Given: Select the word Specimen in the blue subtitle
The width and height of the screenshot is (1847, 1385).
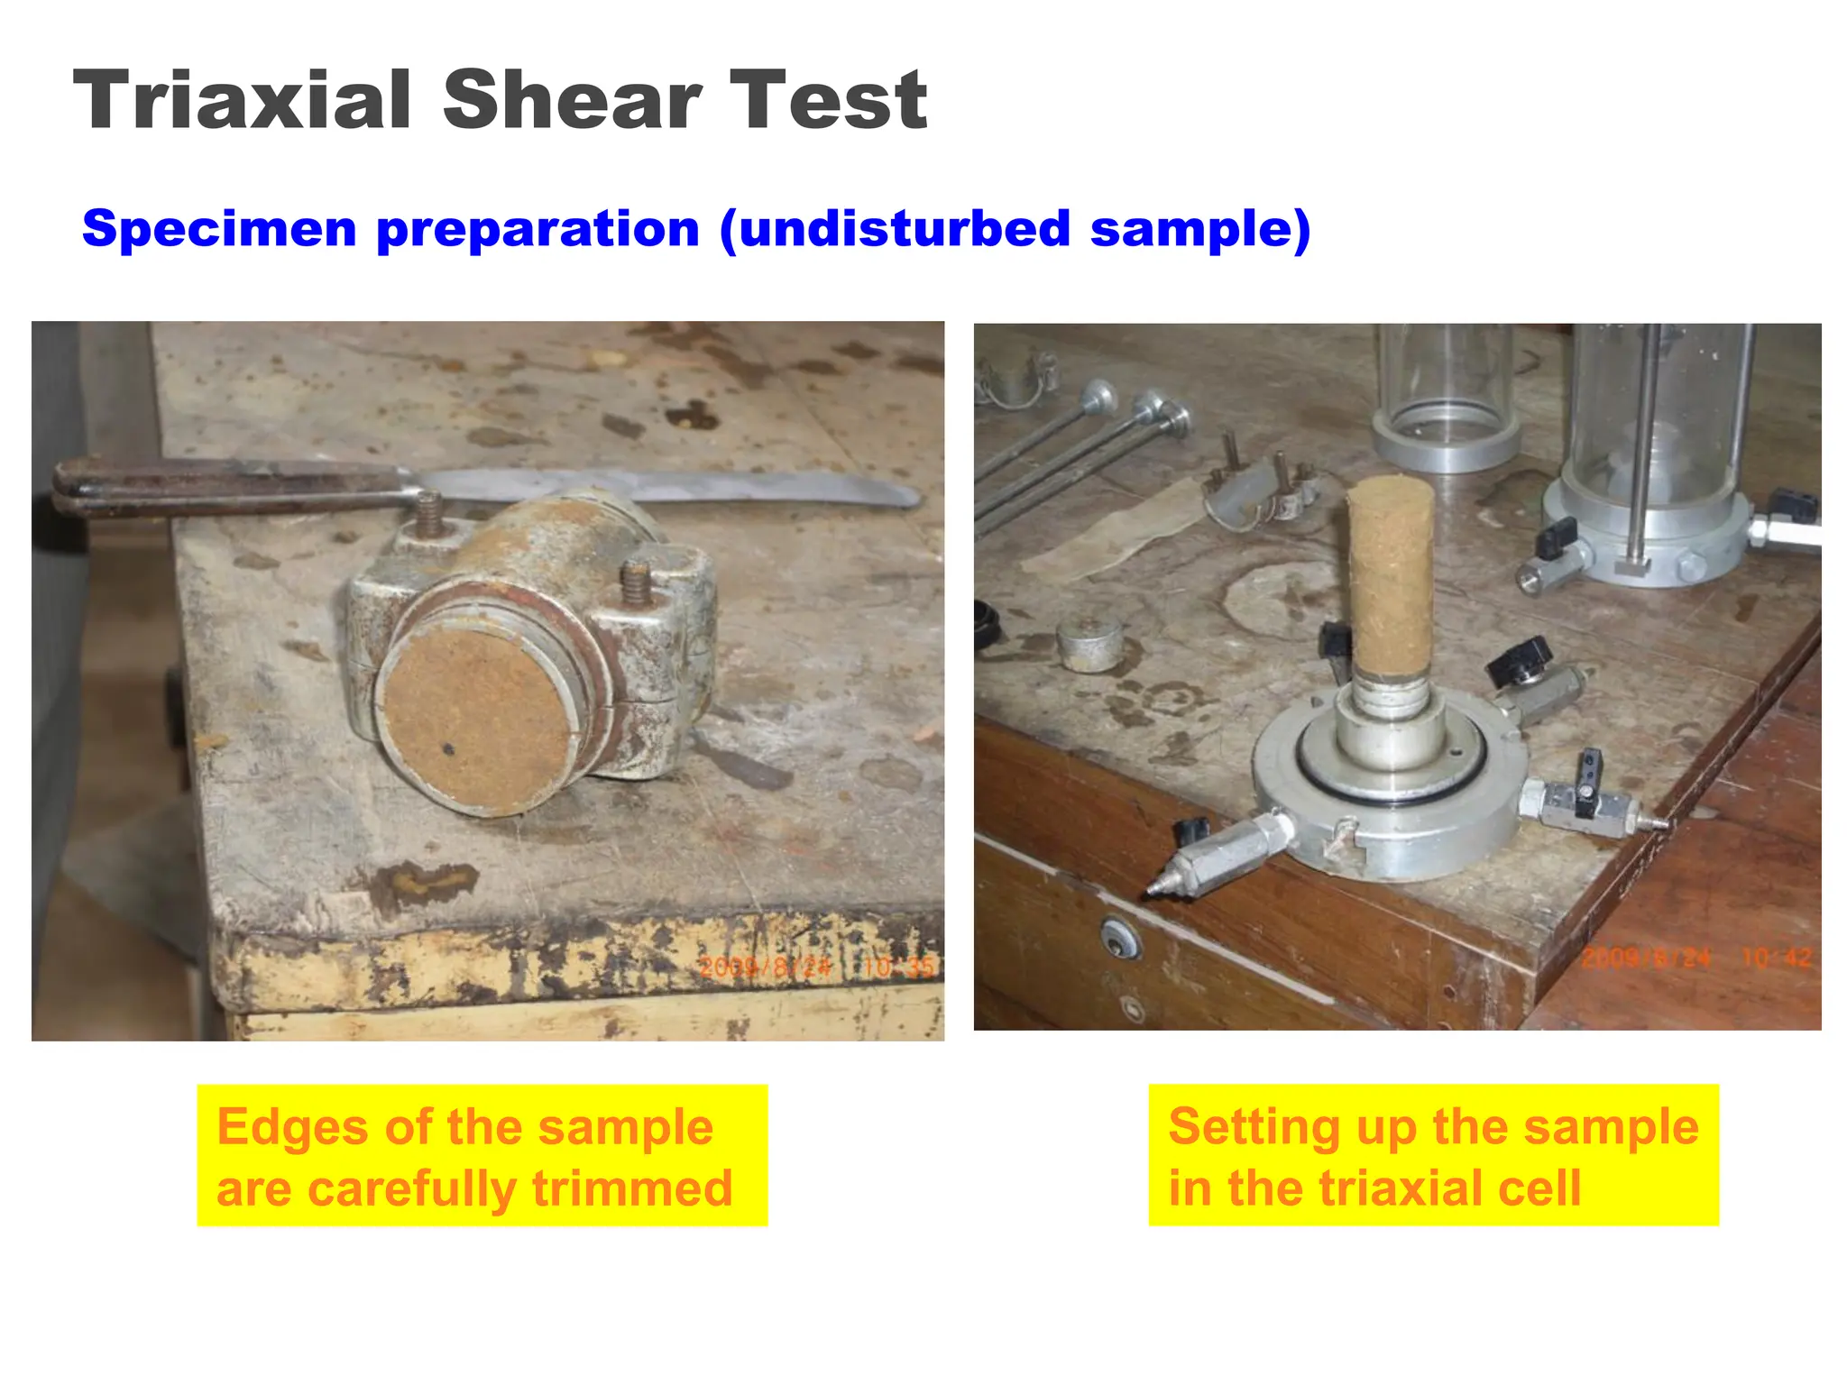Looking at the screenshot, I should point(219,229).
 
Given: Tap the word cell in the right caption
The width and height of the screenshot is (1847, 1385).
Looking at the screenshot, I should point(1539,1188).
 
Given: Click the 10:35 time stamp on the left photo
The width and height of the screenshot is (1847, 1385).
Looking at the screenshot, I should point(898,968).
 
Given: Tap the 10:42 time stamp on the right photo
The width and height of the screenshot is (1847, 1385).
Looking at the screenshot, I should point(1775,958).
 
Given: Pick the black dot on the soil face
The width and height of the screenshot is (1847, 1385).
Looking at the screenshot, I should point(448,748).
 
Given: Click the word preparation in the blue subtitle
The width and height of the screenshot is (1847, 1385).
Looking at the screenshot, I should point(538,229).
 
